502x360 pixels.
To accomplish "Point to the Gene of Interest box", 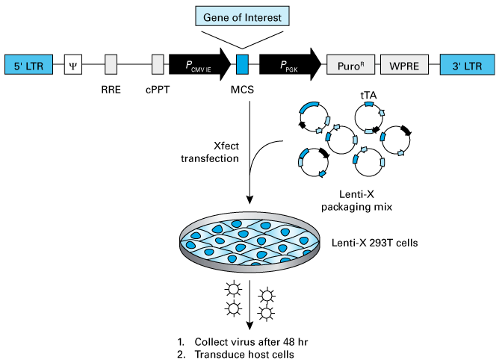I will pos(242,14).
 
